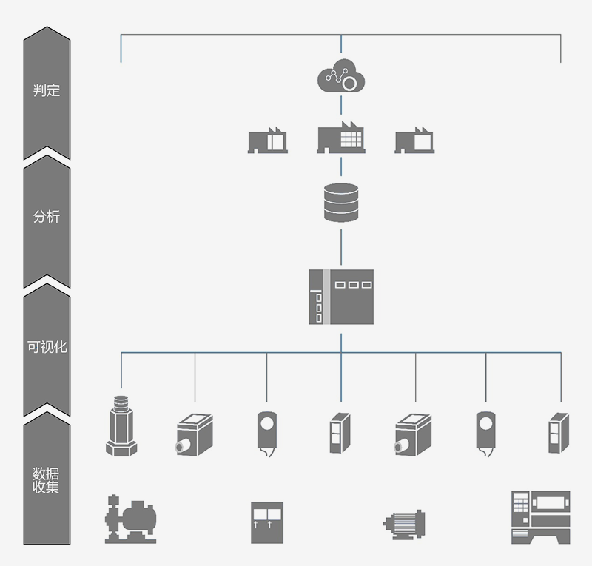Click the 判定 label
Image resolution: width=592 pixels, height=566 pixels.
(x=47, y=91)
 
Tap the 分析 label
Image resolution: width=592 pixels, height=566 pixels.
(x=47, y=217)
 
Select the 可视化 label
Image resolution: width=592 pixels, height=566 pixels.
(x=47, y=346)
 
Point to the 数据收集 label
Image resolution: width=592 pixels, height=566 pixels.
(x=47, y=479)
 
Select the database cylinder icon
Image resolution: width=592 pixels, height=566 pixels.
(x=340, y=202)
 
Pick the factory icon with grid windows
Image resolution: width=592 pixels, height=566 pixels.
(x=341, y=138)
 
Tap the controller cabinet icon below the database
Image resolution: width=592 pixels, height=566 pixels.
(x=341, y=297)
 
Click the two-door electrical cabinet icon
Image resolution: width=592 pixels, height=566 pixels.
(x=266, y=522)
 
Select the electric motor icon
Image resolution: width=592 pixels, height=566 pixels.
(x=404, y=524)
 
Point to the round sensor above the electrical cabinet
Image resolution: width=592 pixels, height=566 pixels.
(x=266, y=430)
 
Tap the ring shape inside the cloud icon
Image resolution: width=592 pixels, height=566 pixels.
(x=352, y=82)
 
